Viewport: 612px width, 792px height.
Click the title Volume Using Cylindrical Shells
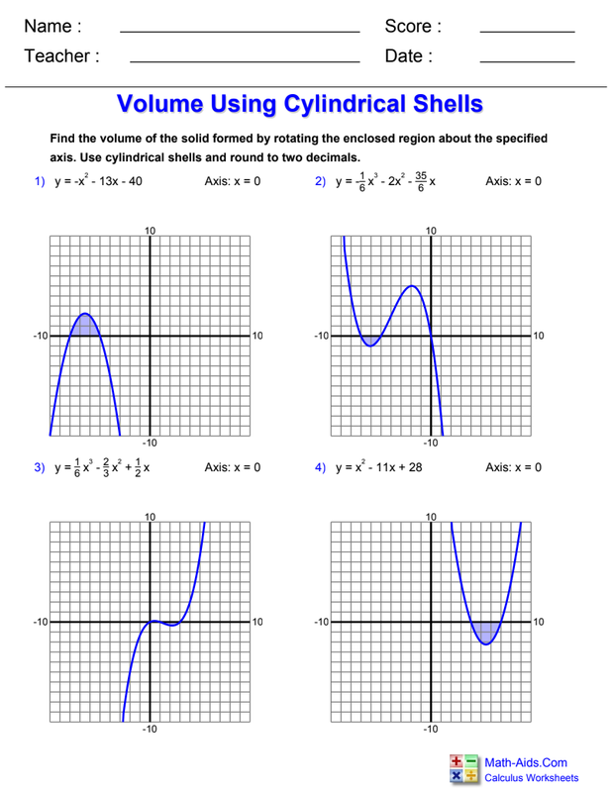[300, 104]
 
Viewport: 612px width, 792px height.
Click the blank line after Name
[239, 33]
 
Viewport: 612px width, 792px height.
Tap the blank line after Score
[527, 33]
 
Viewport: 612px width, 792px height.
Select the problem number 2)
[321, 182]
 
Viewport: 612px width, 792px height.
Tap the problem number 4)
[321, 467]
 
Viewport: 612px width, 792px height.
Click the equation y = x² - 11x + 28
[378, 467]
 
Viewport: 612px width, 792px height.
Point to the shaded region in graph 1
[85, 327]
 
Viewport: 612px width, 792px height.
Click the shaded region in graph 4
[485, 631]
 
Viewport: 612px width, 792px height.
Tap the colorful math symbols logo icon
[463, 769]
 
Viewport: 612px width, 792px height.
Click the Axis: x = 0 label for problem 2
[513, 182]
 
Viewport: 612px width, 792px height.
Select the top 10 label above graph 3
[151, 517]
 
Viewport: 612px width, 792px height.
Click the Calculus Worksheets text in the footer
[531, 778]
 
